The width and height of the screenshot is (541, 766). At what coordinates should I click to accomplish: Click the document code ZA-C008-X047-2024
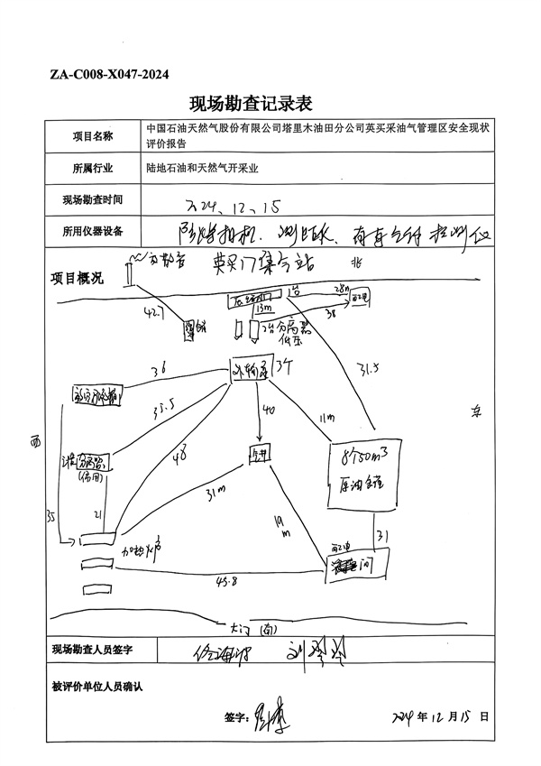coord(109,75)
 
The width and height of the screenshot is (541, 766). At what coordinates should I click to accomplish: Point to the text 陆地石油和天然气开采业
coord(201,168)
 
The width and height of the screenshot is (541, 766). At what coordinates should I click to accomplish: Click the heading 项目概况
coord(77,276)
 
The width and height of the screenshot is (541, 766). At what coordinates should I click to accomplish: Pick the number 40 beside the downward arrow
coord(268,411)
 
